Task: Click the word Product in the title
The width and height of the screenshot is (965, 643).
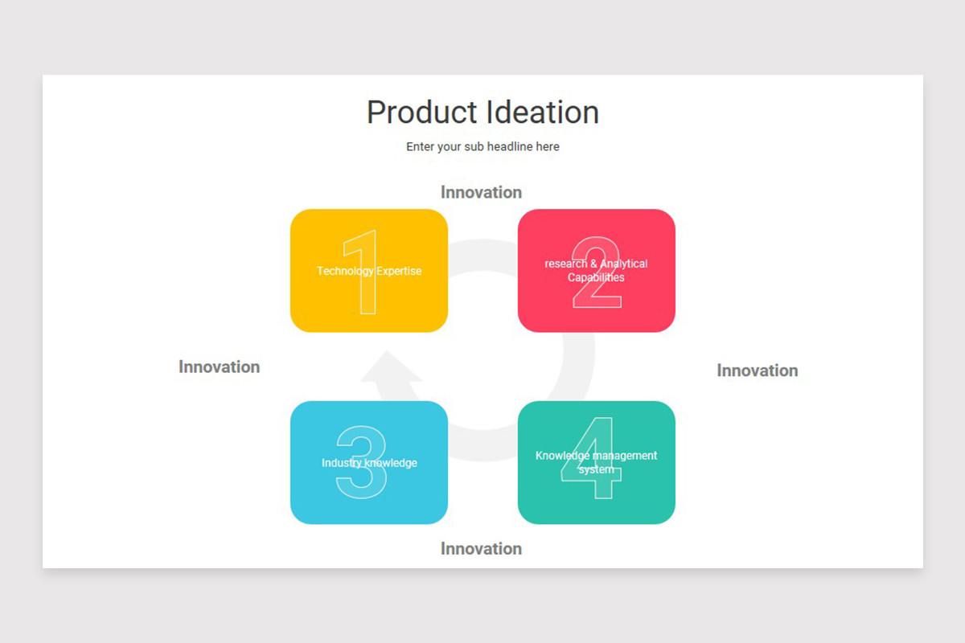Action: pos(418,113)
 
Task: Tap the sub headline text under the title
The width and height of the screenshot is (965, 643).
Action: pos(482,147)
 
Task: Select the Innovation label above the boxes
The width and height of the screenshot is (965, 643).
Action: pos(481,192)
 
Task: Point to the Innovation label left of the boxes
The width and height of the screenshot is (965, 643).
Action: pos(219,367)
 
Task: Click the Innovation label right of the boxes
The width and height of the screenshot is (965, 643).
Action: pos(757,371)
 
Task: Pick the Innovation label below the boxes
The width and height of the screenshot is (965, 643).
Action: pos(481,549)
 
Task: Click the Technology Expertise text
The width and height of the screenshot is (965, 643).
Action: pos(368,271)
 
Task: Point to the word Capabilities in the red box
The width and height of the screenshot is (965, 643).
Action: pos(596,278)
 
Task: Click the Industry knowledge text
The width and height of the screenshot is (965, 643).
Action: pos(369,463)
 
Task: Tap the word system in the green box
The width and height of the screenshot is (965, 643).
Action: pos(596,469)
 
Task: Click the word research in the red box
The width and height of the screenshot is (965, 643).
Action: pos(565,264)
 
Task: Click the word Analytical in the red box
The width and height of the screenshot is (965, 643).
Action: pos(624,264)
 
